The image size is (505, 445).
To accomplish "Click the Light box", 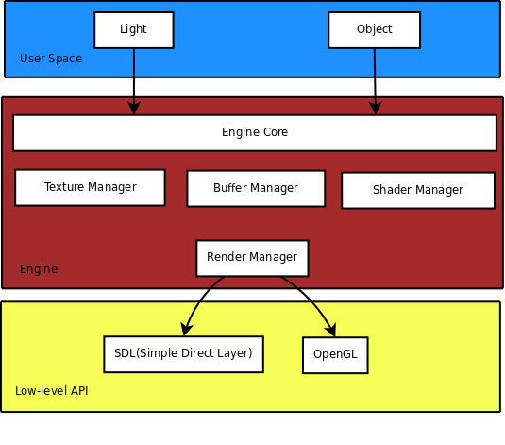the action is pyautogui.click(x=134, y=30).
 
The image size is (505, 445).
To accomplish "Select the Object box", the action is pyautogui.click(x=374, y=30).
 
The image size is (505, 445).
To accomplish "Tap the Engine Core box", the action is pyautogui.click(x=255, y=132).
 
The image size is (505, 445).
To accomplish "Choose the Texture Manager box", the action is pyautogui.click(x=91, y=187).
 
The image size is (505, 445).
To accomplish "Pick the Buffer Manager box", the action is pyautogui.click(x=256, y=188).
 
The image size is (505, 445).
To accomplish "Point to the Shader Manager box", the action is pyautogui.click(x=418, y=190).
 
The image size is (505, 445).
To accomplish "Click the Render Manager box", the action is pyautogui.click(x=252, y=258).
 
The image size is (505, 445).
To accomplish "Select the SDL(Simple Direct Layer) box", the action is pyautogui.click(x=183, y=354).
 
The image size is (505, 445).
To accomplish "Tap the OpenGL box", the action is pyautogui.click(x=335, y=355).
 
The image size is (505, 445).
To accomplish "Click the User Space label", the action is pyautogui.click(x=51, y=59).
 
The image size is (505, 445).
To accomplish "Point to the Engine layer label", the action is pyautogui.click(x=39, y=269).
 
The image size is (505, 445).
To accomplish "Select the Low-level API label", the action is pyautogui.click(x=52, y=391).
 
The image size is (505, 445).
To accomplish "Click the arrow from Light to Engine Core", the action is pyautogui.click(x=134, y=81).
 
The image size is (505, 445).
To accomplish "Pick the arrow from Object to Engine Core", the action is pyautogui.click(x=375, y=81).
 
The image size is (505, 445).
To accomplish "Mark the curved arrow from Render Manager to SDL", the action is pyautogui.click(x=200, y=300).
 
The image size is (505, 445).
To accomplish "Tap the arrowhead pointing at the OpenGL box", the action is pyautogui.click(x=330, y=330).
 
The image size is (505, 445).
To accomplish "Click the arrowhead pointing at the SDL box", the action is pyautogui.click(x=187, y=330).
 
